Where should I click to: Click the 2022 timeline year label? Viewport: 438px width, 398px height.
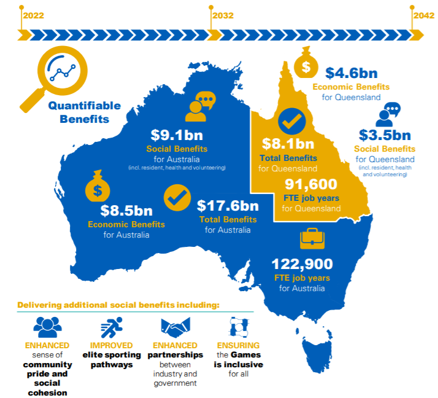click(34, 16)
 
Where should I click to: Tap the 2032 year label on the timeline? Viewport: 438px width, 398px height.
click(223, 16)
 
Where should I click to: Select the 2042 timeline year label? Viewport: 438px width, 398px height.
click(423, 16)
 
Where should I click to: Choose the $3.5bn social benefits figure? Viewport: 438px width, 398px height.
click(385, 135)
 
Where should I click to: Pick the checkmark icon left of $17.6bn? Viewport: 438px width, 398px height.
click(177, 198)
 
